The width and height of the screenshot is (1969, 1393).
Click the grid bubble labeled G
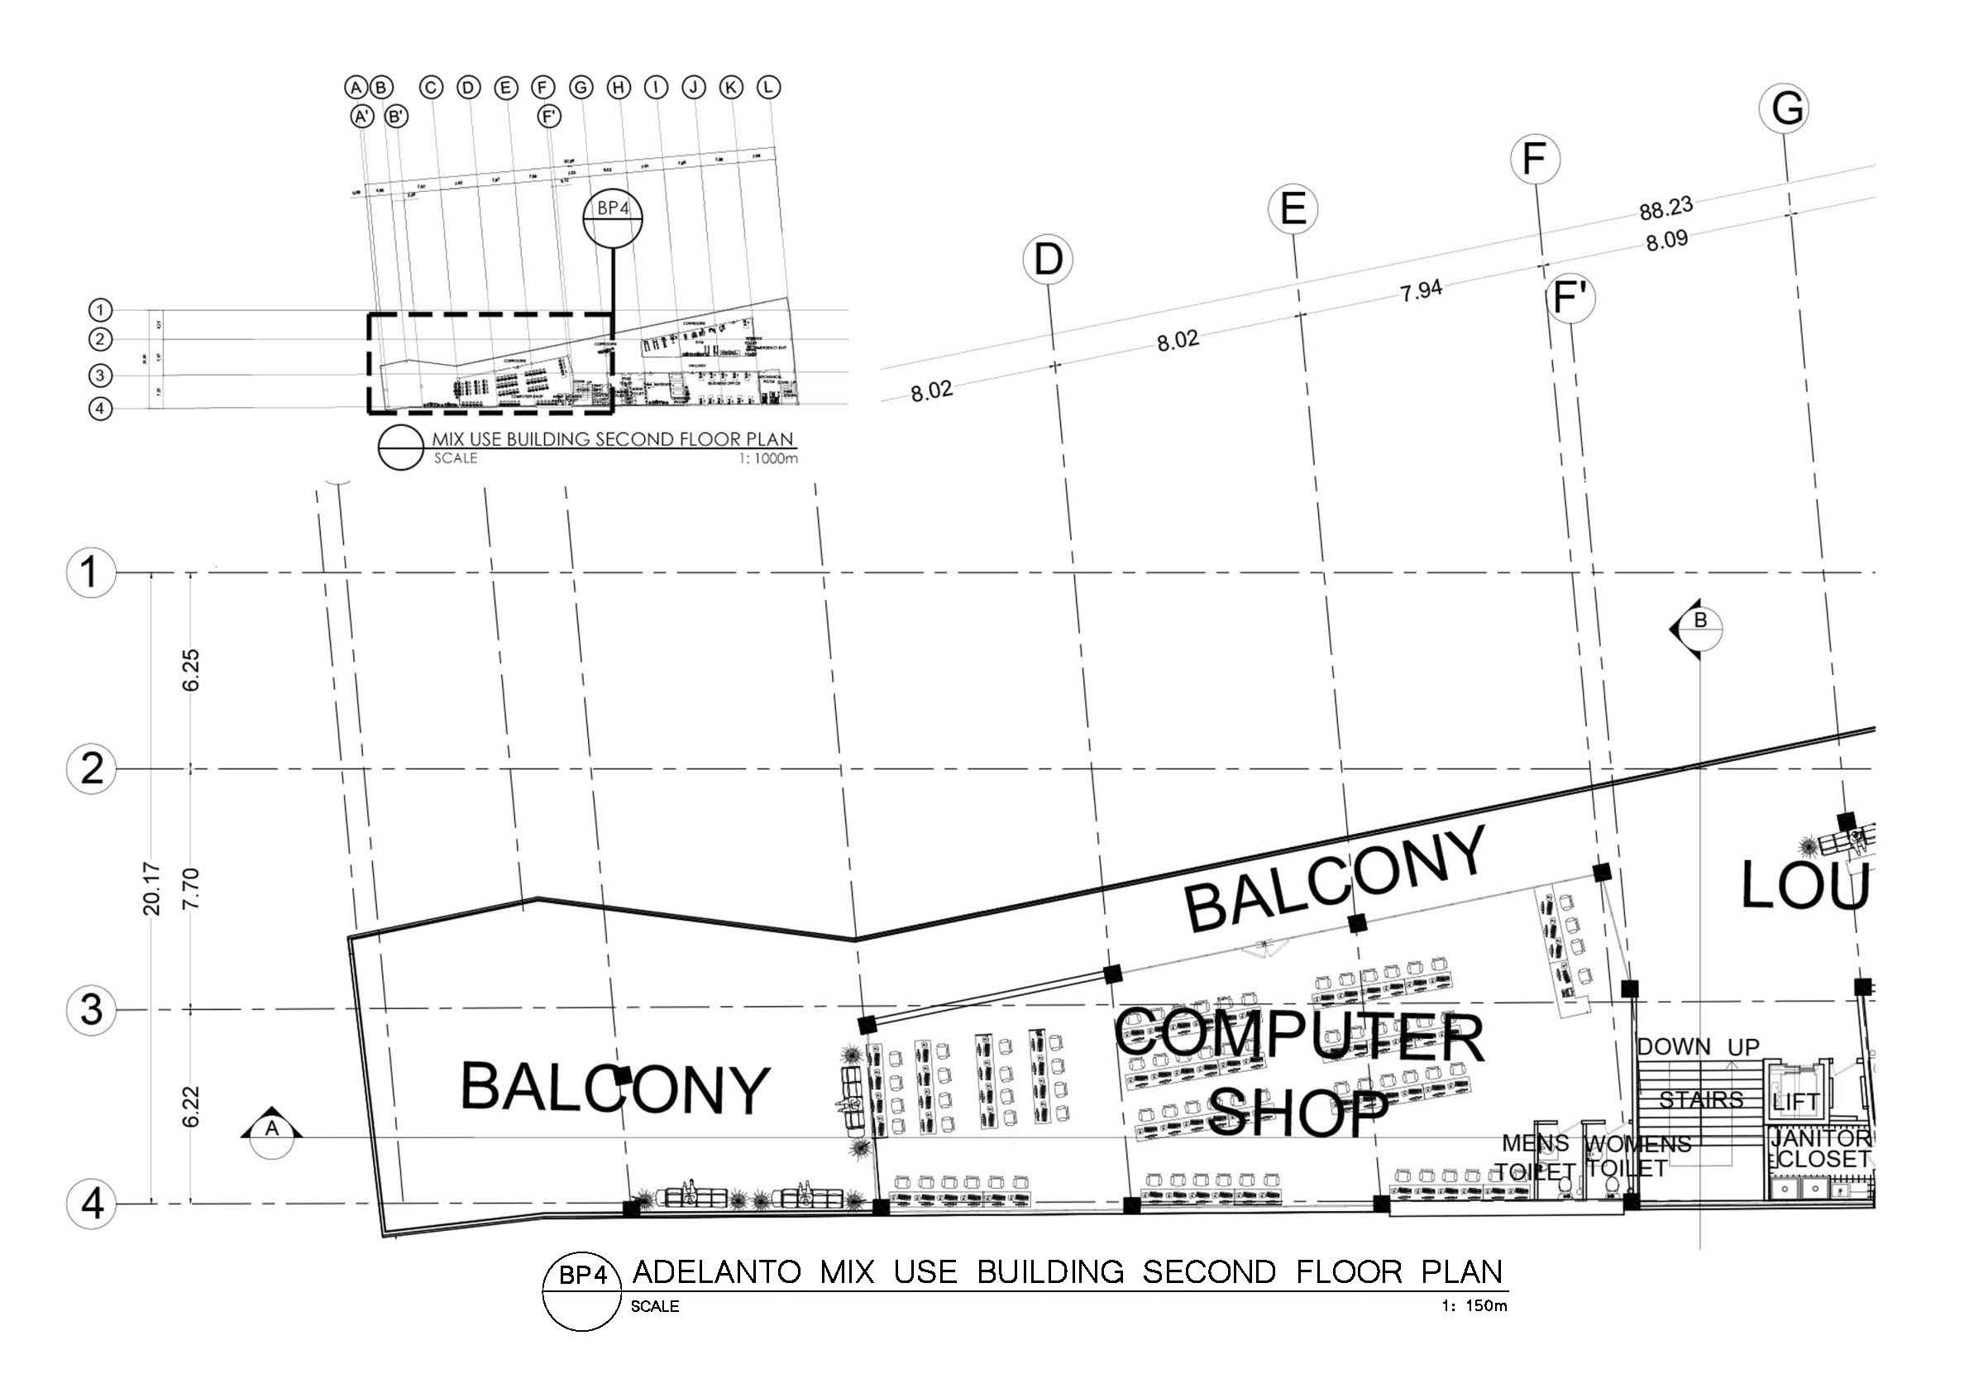click(1786, 109)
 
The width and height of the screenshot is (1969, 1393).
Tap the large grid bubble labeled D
click(1048, 259)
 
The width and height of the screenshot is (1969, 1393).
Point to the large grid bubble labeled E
click(1293, 209)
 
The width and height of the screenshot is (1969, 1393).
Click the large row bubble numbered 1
click(91, 572)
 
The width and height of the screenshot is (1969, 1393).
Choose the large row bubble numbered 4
click(91, 1204)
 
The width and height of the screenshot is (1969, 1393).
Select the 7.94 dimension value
click(1421, 291)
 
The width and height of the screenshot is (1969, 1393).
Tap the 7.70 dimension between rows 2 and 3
click(192, 889)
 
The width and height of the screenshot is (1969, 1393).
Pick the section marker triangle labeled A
click(272, 1129)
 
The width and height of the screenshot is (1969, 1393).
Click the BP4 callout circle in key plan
click(613, 217)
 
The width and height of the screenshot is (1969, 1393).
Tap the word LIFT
click(1795, 1101)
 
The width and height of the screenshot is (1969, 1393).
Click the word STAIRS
click(1700, 1099)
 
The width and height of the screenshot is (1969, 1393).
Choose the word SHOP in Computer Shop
click(1298, 1113)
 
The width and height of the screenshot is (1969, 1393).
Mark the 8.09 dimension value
click(1666, 241)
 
